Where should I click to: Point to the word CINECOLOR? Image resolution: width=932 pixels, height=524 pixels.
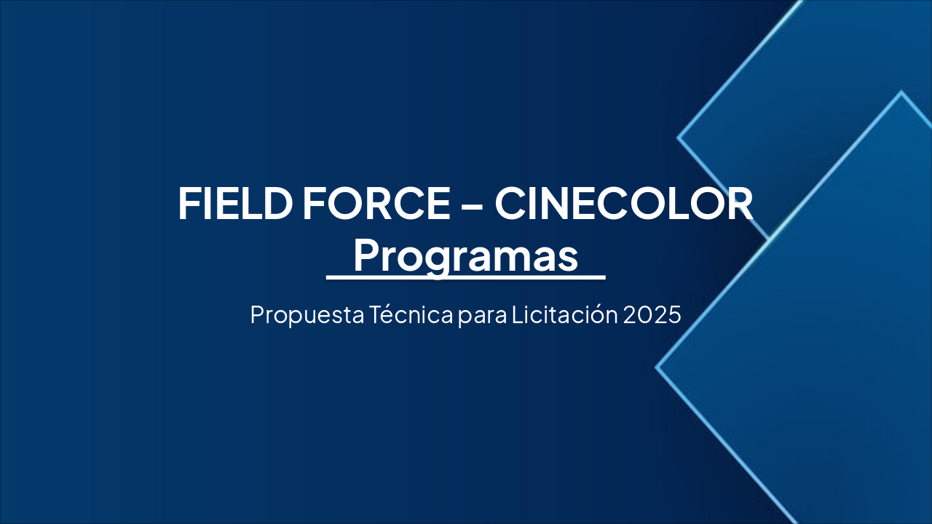coord(624,204)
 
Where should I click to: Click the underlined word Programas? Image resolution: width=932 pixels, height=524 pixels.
coord(466,256)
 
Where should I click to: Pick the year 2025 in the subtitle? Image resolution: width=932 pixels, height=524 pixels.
coord(652,315)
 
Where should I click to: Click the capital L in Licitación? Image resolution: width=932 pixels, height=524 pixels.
coord(516,315)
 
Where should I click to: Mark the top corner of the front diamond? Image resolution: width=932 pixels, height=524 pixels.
coord(901,92)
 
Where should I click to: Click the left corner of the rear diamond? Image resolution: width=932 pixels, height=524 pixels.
coord(679,137)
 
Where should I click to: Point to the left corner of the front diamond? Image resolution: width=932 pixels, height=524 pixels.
coord(657,368)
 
